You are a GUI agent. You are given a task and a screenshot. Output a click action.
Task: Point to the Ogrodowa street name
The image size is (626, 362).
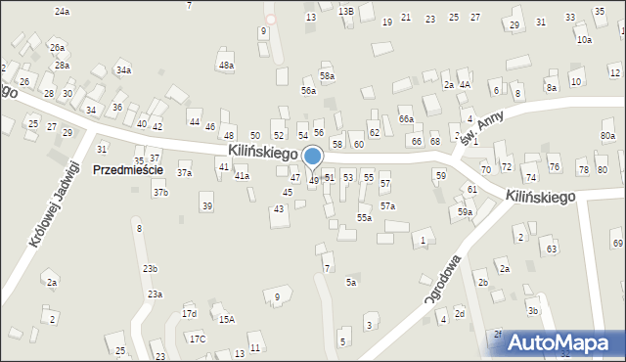[443, 280]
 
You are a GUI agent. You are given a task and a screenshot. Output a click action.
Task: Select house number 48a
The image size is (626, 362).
[226, 66]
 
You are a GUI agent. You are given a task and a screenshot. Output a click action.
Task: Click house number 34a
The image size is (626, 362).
[123, 70]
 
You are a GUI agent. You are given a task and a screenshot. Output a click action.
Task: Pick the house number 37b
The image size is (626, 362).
[160, 193]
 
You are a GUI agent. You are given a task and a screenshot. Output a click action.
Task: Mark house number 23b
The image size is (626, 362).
[150, 268]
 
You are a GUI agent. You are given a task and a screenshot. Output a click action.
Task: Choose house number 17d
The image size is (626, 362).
[189, 314]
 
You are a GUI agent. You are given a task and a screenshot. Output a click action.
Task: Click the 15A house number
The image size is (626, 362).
[226, 319]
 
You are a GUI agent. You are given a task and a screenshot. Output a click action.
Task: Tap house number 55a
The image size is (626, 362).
[364, 218]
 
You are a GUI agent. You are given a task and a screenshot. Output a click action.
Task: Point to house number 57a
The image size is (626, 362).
[388, 206]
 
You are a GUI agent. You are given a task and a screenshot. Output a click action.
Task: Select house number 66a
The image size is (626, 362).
[406, 118]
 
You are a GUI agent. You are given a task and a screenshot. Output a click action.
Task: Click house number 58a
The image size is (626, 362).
[327, 75]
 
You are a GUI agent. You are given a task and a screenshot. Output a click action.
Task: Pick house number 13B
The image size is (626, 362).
[345, 11]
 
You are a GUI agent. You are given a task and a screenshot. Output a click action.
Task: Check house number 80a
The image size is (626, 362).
[607, 136]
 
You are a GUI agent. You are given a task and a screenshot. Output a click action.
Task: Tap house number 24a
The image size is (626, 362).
[63, 12]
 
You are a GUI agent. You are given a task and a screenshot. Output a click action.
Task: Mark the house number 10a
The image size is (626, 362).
[584, 40]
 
